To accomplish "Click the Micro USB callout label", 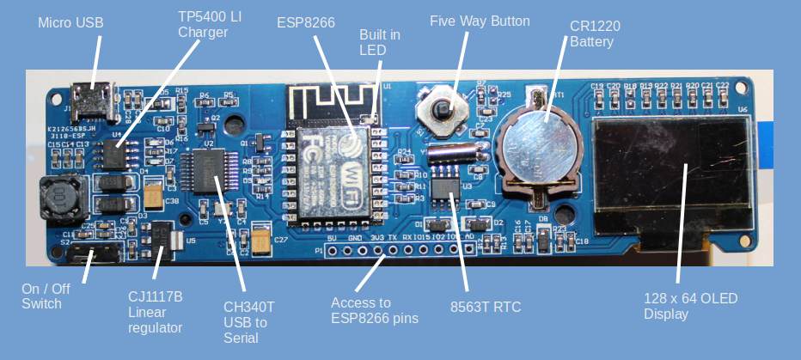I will (x=70, y=22).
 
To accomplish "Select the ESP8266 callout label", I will (x=305, y=22).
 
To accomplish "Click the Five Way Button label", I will (x=480, y=21).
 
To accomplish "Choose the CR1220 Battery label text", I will (x=595, y=33).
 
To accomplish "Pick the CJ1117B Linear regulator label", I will (x=156, y=311).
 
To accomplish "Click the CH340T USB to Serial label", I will (x=249, y=322).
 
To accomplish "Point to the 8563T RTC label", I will (x=486, y=307).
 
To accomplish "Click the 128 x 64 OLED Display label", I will (x=690, y=306).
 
